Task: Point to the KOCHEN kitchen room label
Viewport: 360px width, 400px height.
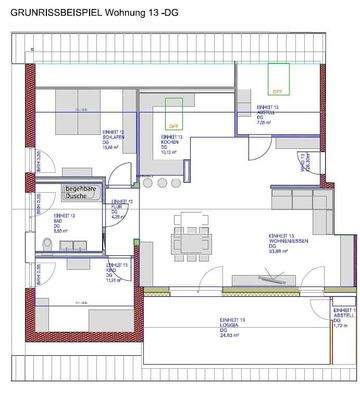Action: [x=169, y=147]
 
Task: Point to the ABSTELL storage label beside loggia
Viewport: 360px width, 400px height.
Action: [x=337, y=317]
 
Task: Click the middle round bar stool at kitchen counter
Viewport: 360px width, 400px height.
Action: [x=160, y=183]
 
